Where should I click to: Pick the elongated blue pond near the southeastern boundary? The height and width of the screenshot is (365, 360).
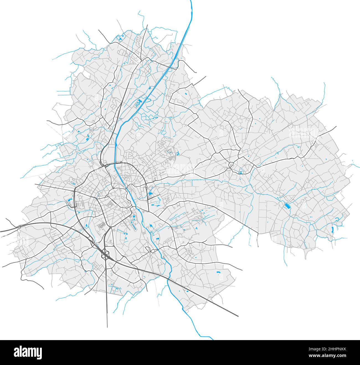pos(332,229)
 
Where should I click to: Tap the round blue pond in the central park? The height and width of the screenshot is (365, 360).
pos(134,216)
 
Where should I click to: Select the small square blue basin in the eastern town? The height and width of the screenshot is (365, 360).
pos(240,173)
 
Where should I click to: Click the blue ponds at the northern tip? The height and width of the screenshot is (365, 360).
pos(120,39)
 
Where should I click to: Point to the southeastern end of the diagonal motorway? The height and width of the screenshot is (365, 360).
pos(238,316)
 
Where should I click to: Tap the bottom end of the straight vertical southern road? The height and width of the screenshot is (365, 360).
pos(107,327)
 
